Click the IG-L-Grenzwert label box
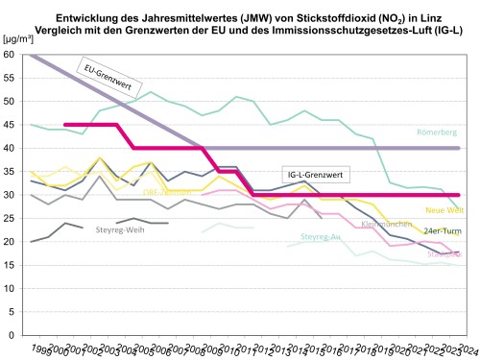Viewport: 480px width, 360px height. [315, 175]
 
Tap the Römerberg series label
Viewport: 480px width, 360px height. [437, 132]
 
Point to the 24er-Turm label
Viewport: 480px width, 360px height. [442, 231]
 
